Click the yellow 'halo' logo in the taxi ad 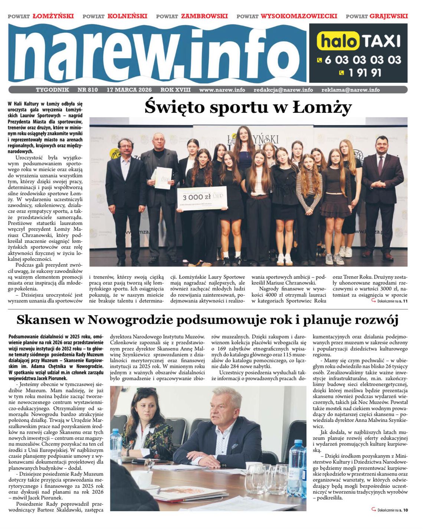coord(338,41)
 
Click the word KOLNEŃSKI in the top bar coord(127,16)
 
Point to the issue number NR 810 coord(88,90)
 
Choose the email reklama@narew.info coord(350,90)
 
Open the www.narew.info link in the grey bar coord(222,90)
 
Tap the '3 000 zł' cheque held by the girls coord(202,198)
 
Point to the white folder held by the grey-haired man coord(163,178)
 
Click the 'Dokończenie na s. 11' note coord(391,301)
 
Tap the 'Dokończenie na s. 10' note coord(392,510)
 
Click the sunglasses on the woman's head coord(146,390)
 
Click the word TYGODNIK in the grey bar coord(52,90)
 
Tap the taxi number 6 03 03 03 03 coord(363,59)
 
